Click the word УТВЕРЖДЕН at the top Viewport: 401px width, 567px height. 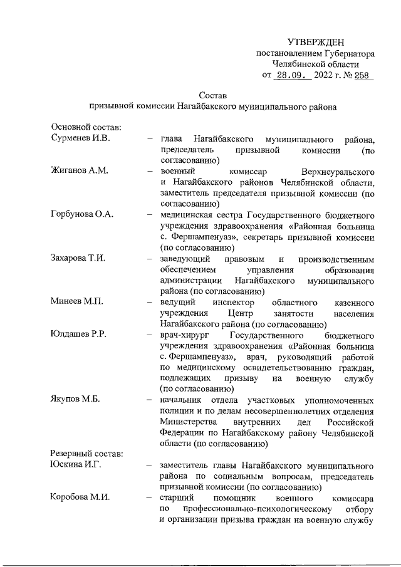(316, 42)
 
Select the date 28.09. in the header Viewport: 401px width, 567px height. (292, 76)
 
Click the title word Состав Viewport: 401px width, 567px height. (212, 95)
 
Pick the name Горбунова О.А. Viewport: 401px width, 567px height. (82, 215)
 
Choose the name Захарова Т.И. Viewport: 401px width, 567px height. (79, 259)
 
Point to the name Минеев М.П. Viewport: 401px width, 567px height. (76, 302)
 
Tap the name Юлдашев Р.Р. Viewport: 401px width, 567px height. (78, 335)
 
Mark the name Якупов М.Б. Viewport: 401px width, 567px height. (76, 400)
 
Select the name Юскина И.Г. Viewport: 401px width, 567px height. (76, 465)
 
